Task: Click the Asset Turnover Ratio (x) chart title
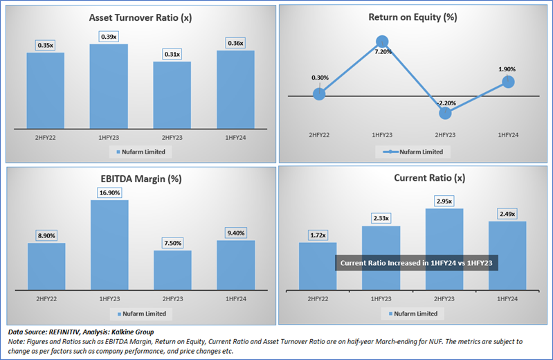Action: [140, 17]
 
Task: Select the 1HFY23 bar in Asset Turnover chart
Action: [109, 87]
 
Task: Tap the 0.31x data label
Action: [172, 55]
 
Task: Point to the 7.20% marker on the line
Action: [382, 42]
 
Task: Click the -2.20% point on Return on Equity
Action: [445, 113]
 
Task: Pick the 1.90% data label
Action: [507, 69]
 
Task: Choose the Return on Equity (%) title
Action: [413, 17]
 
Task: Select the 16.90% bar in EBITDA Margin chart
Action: [109, 245]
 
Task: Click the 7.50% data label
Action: [173, 243]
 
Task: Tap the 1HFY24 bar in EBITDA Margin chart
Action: [236, 265]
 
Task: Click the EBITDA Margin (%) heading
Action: [141, 179]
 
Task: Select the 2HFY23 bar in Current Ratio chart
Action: [444, 249]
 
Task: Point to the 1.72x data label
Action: [318, 235]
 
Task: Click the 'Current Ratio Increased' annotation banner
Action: [417, 263]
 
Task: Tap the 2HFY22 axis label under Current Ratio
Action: [318, 299]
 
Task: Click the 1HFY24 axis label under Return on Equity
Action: [508, 135]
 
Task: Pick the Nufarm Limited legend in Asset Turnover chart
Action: [140, 152]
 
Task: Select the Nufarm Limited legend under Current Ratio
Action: [413, 314]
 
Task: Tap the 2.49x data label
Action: [507, 214]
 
